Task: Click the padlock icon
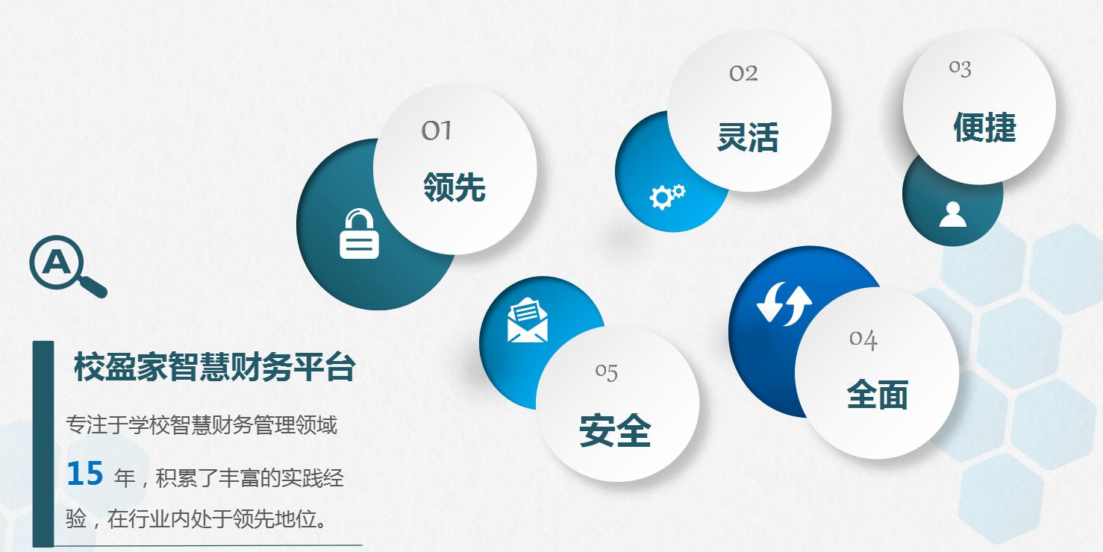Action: (359, 234)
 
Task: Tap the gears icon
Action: (666, 196)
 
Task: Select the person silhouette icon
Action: (952, 214)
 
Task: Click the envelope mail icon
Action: (527, 320)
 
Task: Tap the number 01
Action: (437, 131)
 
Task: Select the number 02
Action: (743, 73)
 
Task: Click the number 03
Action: (960, 69)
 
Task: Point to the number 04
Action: (863, 339)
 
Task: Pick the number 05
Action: (607, 371)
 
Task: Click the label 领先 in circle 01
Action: (454, 186)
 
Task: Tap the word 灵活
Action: (747, 137)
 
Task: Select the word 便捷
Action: (984, 127)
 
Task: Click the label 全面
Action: (877, 395)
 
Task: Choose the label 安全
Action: (615, 431)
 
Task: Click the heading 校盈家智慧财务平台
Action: (214, 368)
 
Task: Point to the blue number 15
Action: (84, 474)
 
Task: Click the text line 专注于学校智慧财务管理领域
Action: (201, 425)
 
